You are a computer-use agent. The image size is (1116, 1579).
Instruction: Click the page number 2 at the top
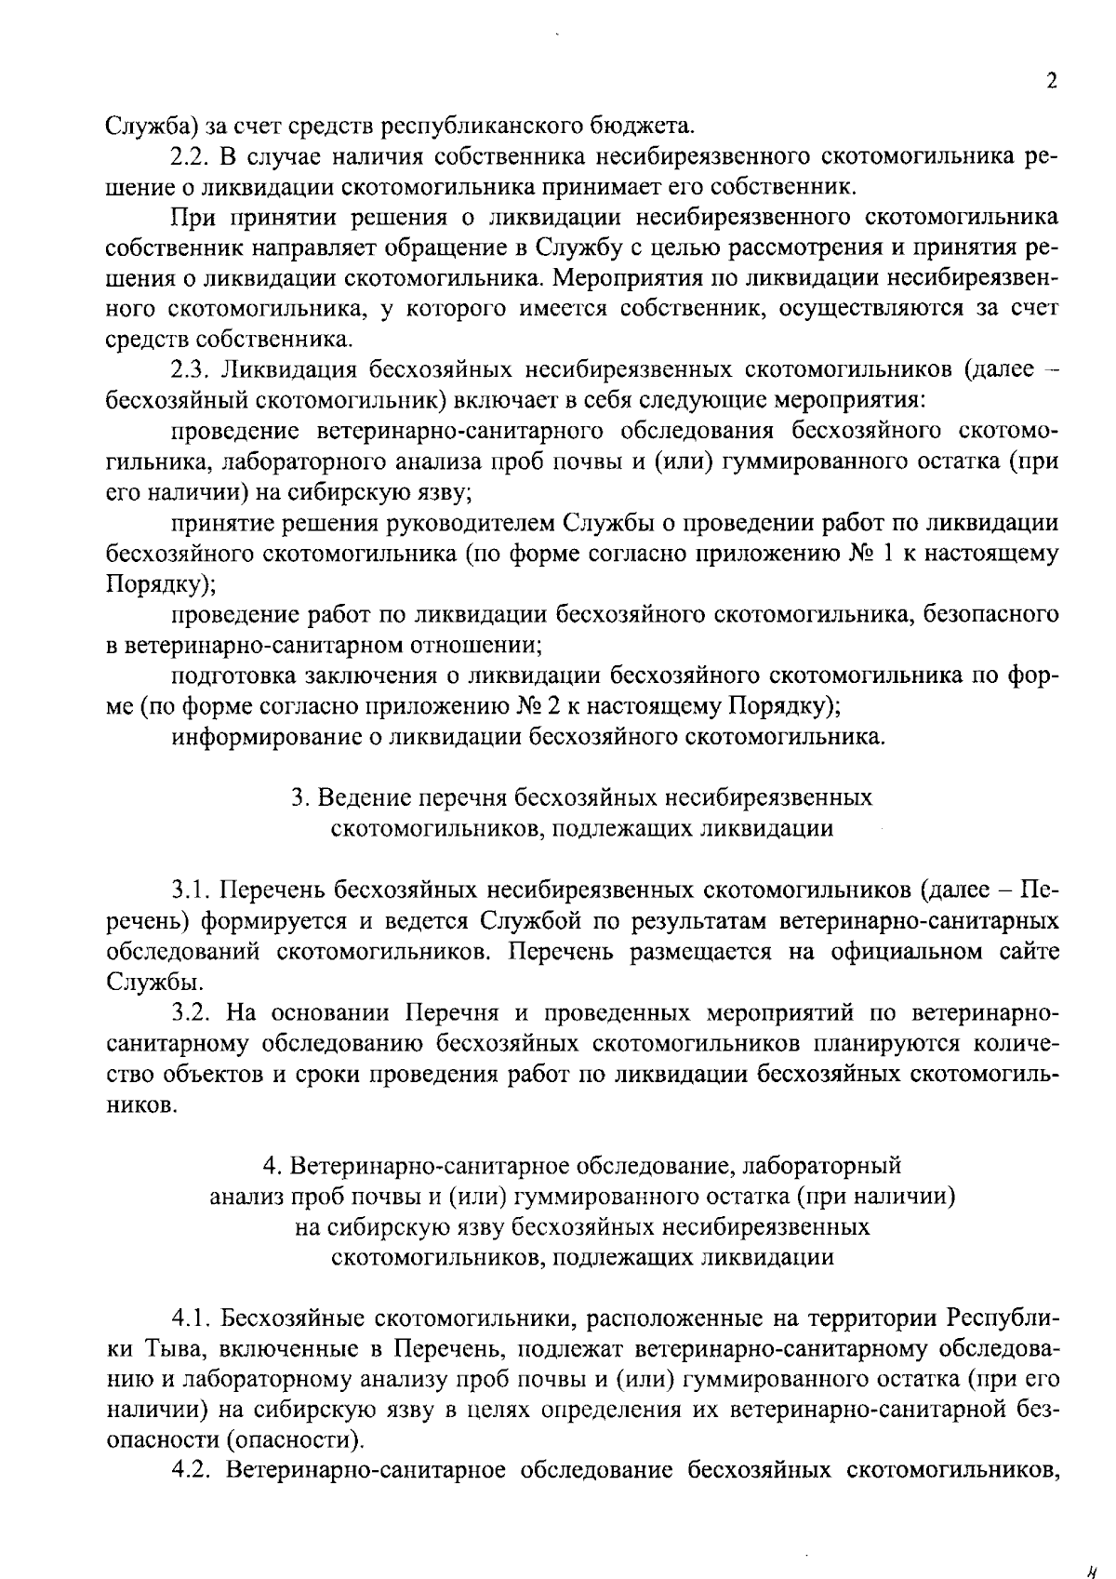pyautogui.click(x=1051, y=81)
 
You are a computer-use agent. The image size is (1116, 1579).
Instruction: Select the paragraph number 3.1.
pyautogui.click(x=192, y=890)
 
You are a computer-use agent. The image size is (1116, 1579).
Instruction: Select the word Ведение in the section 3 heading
pyautogui.click(x=364, y=797)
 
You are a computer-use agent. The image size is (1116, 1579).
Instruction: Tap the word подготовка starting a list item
pyautogui.click(x=230, y=676)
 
